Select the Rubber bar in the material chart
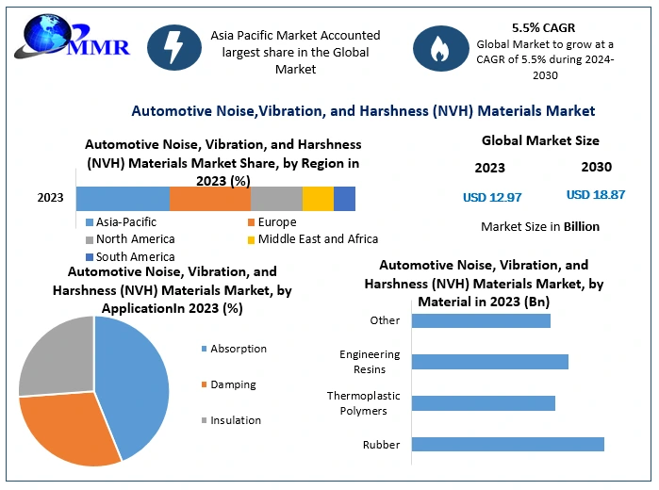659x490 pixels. point(508,444)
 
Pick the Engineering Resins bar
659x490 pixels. point(490,361)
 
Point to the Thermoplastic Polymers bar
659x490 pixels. point(484,402)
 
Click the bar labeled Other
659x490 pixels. point(481,320)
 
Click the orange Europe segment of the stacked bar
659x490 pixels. point(209,199)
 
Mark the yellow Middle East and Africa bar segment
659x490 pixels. point(318,199)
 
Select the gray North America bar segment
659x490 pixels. point(276,199)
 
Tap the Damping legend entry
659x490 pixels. point(232,384)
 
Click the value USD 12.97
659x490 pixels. point(492,197)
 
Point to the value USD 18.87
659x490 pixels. point(596,195)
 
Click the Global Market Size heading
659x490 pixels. point(540,140)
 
